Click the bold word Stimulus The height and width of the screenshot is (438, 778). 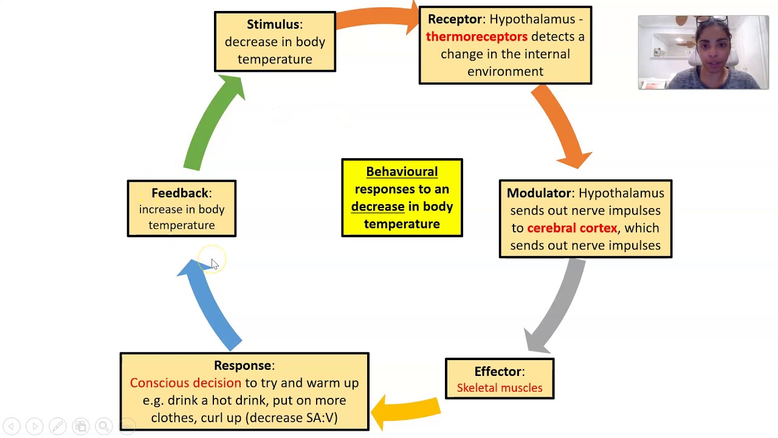[273, 24]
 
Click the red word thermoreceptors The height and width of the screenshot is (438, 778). [477, 36]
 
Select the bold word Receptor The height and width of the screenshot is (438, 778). [455, 19]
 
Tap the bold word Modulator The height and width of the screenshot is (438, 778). [539, 193]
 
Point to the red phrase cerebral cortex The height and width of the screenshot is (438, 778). [572, 228]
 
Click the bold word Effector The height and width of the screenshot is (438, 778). [498, 371]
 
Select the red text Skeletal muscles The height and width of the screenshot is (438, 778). [499, 388]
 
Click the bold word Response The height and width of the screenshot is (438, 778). [242, 366]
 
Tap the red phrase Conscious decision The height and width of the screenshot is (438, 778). [185, 383]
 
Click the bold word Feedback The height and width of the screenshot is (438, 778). [180, 193]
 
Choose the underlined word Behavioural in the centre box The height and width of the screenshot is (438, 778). [402, 172]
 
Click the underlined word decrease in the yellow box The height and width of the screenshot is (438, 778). [377, 207]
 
